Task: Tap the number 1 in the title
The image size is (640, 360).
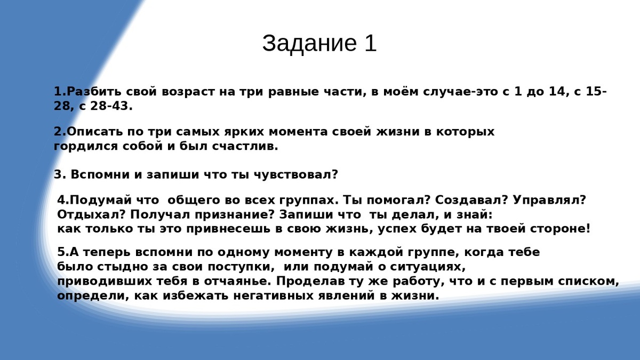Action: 371,44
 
